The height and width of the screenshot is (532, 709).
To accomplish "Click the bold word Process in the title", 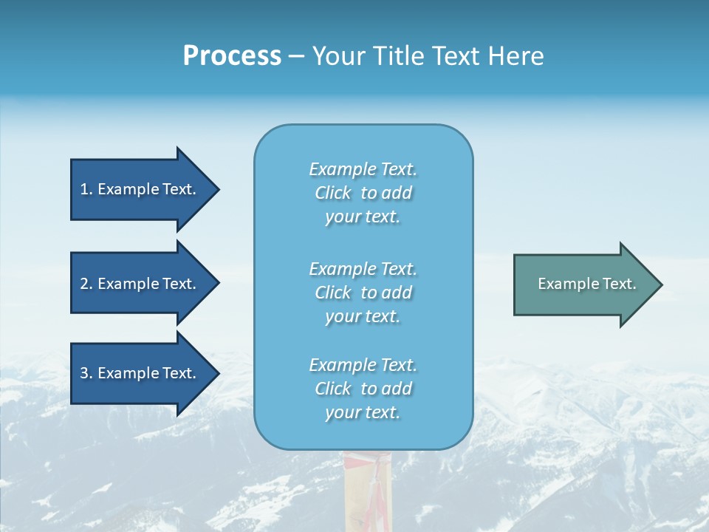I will (232, 55).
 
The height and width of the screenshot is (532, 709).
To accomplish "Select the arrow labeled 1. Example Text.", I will (138, 189).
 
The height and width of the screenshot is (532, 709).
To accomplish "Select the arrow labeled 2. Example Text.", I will (138, 284).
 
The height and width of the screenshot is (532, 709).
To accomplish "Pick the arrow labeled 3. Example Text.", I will (138, 373).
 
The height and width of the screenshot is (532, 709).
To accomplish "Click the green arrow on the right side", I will (580, 284).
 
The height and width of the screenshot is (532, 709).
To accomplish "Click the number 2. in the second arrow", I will (86, 284).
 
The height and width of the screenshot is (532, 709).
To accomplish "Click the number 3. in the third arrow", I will (86, 373).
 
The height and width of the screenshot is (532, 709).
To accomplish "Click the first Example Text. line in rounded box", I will (363, 169).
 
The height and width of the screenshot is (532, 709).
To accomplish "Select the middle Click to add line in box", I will (363, 293).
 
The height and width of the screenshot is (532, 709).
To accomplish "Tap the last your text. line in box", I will (363, 412).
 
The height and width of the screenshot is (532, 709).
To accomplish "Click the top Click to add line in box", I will (363, 193).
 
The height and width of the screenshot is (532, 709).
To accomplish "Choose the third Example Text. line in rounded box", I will (363, 365).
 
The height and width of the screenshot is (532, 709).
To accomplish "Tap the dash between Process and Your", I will (296, 55).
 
